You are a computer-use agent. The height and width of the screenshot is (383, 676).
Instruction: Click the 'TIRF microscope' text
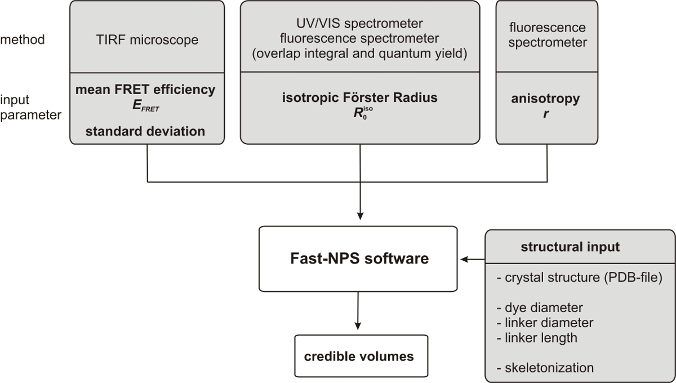coord(147,40)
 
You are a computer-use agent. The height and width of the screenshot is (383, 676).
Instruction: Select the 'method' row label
coord(23,39)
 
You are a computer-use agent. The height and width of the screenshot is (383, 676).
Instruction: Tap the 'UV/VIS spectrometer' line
coord(359,24)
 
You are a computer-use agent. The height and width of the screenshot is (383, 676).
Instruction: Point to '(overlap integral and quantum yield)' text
coord(359,54)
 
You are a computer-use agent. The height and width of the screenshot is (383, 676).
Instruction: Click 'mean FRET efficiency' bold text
coord(145,90)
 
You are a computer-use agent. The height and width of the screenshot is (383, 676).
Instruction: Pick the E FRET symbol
coord(146,106)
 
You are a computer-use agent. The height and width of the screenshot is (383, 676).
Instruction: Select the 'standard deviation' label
coord(145,131)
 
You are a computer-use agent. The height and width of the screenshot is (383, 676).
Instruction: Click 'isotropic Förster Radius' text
coord(360,97)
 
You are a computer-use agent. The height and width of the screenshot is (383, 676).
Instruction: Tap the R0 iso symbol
coord(363,113)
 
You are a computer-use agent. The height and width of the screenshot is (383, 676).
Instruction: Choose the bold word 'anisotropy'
coord(545,99)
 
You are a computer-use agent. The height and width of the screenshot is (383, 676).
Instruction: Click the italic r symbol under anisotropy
coord(546,114)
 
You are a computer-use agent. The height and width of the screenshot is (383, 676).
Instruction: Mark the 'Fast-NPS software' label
coord(359,259)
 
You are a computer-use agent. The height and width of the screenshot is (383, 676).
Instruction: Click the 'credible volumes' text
coord(359,357)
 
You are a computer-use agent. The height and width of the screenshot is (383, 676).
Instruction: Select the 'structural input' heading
coord(570,247)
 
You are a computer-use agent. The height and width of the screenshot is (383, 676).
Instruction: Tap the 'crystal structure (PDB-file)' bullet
coord(580,277)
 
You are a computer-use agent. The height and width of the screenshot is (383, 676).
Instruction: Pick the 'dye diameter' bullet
coord(540,308)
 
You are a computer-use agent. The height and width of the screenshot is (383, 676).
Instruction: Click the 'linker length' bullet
coord(537,338)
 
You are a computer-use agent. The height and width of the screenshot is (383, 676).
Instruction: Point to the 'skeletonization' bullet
coord(545,368)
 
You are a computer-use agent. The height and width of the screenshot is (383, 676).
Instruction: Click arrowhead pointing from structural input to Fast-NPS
coord(464,259)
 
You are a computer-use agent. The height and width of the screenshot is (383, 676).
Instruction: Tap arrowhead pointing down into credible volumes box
coord(358,326)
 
